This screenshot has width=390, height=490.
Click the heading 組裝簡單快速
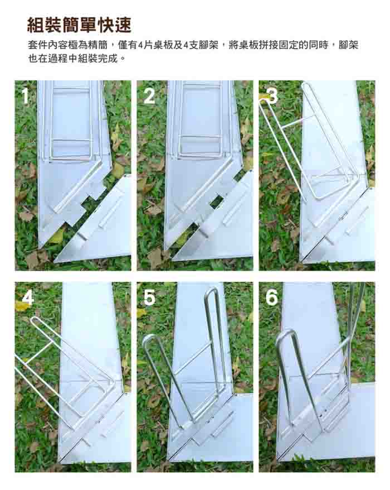pos(79,25)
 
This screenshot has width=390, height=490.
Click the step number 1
pos(26,95)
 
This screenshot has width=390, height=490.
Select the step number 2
pos(149,96)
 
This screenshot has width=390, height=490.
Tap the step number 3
pos(271,96)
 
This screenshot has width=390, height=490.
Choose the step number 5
pos(149,297)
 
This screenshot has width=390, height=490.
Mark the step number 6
pos(271,297)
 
